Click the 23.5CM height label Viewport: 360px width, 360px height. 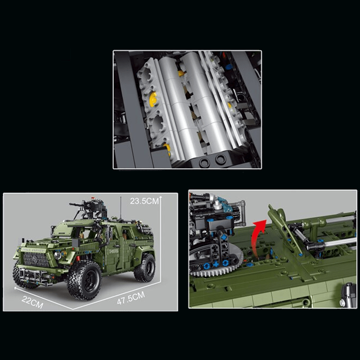[x=144, y=201]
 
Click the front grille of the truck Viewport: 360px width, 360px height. [x=32, y=260]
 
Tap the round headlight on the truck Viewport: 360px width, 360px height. [x=58, y=255]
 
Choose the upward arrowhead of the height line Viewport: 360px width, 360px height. [x=160, y=196]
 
